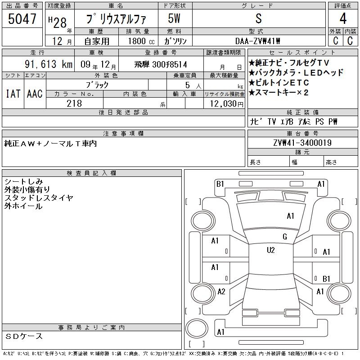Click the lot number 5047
[x=22, y=19]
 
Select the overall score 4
[x=343, y=18]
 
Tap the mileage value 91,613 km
[x=49, y=64]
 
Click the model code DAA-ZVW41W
[x=257, y=41]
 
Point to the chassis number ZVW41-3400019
[x=302, y=143]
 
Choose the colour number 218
[x=74, y=103]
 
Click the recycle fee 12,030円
[x=227, y=104]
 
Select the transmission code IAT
[x=13, y=94]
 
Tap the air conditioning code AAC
[x=35, y=94]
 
